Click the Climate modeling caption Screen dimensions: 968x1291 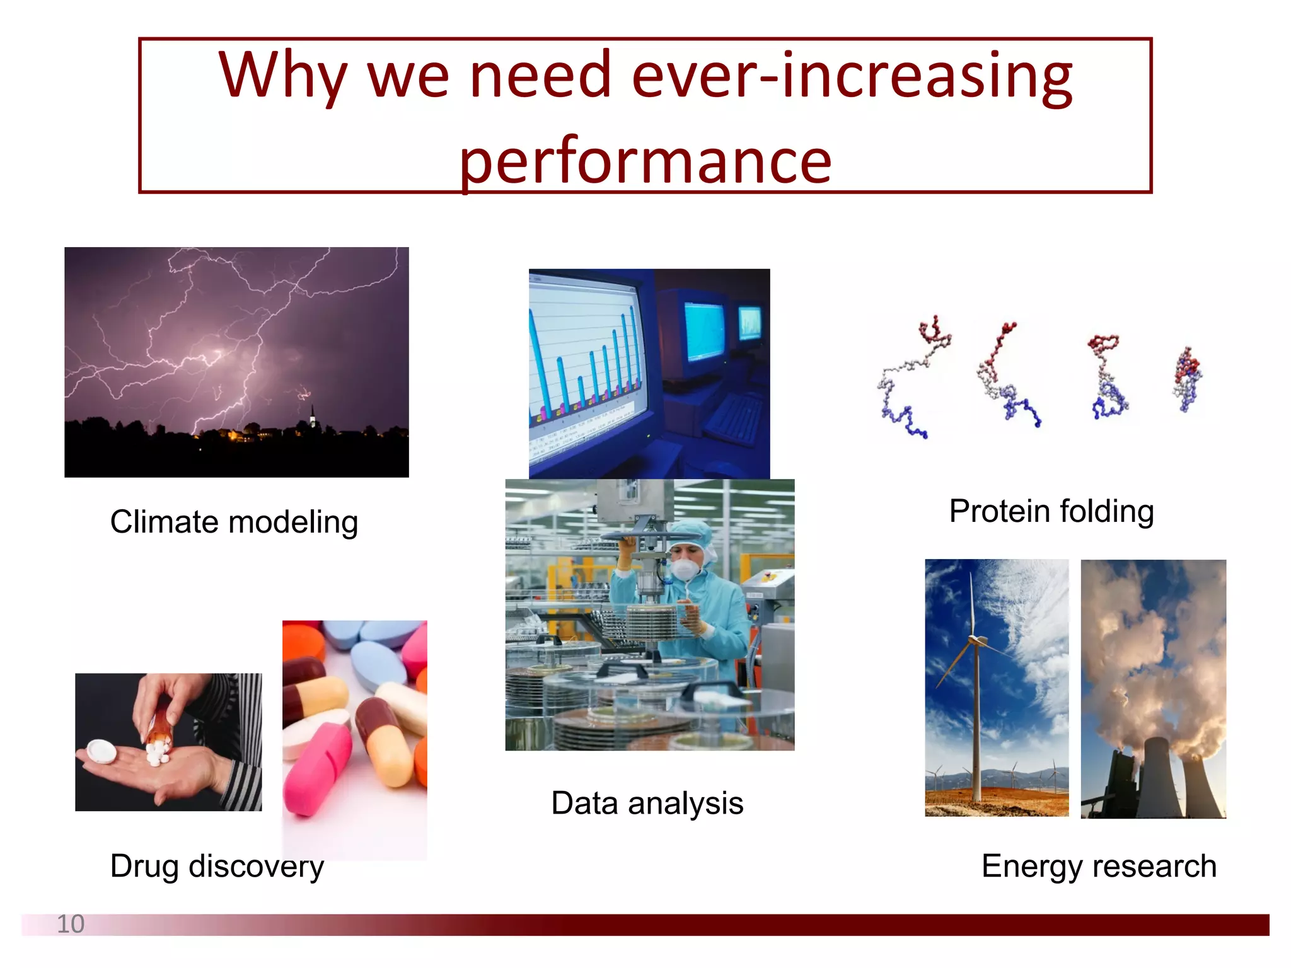[234, 522]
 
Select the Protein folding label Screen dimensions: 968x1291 [1051, 511]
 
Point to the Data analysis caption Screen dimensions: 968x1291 [647, 803]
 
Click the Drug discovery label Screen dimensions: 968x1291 [217, 866]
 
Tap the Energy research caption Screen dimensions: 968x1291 [1098, 866]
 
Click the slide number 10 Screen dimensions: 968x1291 [70, 924]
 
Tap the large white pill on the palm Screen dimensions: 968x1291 [101, 751]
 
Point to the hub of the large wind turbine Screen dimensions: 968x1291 [975, 640]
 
